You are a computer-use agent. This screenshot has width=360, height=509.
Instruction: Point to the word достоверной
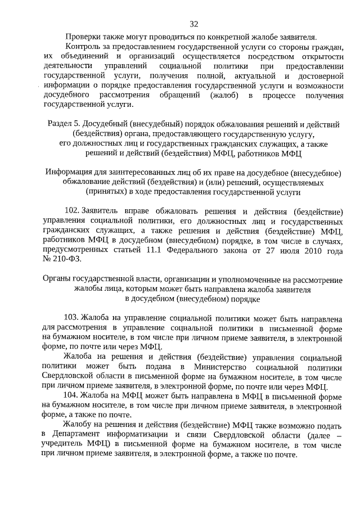318,75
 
